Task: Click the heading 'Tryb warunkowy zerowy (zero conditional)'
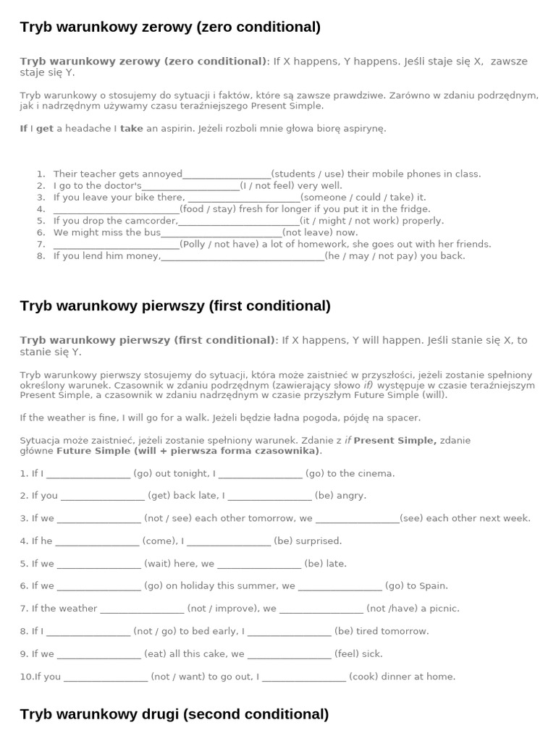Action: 170,27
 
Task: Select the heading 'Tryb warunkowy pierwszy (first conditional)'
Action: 175,305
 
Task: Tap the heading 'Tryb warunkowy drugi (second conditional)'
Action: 174,714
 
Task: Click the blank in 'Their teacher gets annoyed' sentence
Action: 227,174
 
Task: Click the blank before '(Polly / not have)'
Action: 116,245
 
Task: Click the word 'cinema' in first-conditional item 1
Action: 376,473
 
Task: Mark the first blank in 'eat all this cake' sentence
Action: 98,654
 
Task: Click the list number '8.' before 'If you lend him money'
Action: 41,256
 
